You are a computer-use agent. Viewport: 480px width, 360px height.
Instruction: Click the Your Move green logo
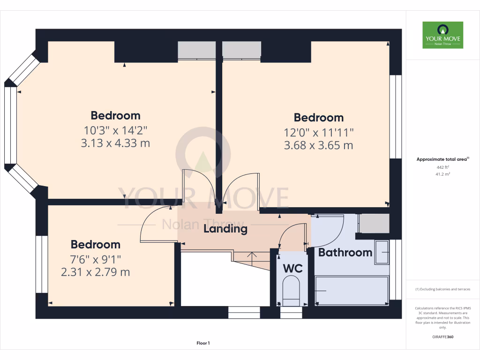click(442, 35)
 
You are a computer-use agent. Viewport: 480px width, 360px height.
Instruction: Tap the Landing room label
click(225, 229)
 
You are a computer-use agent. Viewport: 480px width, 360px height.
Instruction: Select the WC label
click(292, 269)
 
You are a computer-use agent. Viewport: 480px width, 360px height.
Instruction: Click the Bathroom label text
click(345, 253)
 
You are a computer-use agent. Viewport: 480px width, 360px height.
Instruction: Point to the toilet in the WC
click(292, 288)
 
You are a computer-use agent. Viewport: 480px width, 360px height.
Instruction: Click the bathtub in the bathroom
click(352, 291)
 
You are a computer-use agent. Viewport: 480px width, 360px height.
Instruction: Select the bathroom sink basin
click(382, 253)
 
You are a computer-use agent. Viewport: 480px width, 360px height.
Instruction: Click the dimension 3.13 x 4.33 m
click(115, 143)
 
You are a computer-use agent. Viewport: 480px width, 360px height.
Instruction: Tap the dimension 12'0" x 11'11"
click(319, 133)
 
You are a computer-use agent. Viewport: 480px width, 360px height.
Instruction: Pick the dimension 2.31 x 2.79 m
click(96, 272)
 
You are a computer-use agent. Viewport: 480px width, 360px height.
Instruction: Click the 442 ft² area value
click(442, 167)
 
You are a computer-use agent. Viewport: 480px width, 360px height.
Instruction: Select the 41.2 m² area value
click(442, 174)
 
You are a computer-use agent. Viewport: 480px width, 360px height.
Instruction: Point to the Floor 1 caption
click(203, 344)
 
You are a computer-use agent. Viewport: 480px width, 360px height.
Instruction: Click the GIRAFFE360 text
click(442, 337)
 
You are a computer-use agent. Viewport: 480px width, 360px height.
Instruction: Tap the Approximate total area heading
click(442, 159)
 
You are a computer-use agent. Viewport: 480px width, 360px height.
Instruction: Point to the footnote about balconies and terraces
click(442, 289)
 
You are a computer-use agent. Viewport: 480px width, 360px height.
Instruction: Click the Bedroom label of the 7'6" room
click(96, 244)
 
